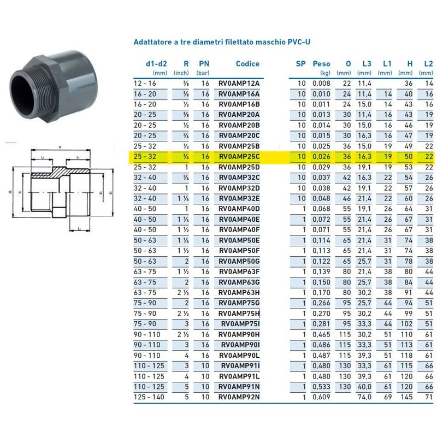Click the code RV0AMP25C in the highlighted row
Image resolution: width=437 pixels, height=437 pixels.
click(x=239, y=156)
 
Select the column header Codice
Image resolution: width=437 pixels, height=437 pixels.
click(x=247, y=64)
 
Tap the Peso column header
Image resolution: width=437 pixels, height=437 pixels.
click(x=321, y=64)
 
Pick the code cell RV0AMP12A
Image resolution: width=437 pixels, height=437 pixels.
click(x=239, y=84)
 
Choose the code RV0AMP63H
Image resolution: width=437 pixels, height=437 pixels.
click(x=239, y=292)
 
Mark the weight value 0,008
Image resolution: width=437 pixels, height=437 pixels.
click(x=321, y=84)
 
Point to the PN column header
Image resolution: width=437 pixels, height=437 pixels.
click(x=204, y=64)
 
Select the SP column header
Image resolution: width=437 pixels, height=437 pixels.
click(x=301, y=64)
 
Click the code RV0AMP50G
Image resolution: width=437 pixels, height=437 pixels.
click(x=239, y=261)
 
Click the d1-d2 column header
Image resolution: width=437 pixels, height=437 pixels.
click(x=156, y=64)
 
